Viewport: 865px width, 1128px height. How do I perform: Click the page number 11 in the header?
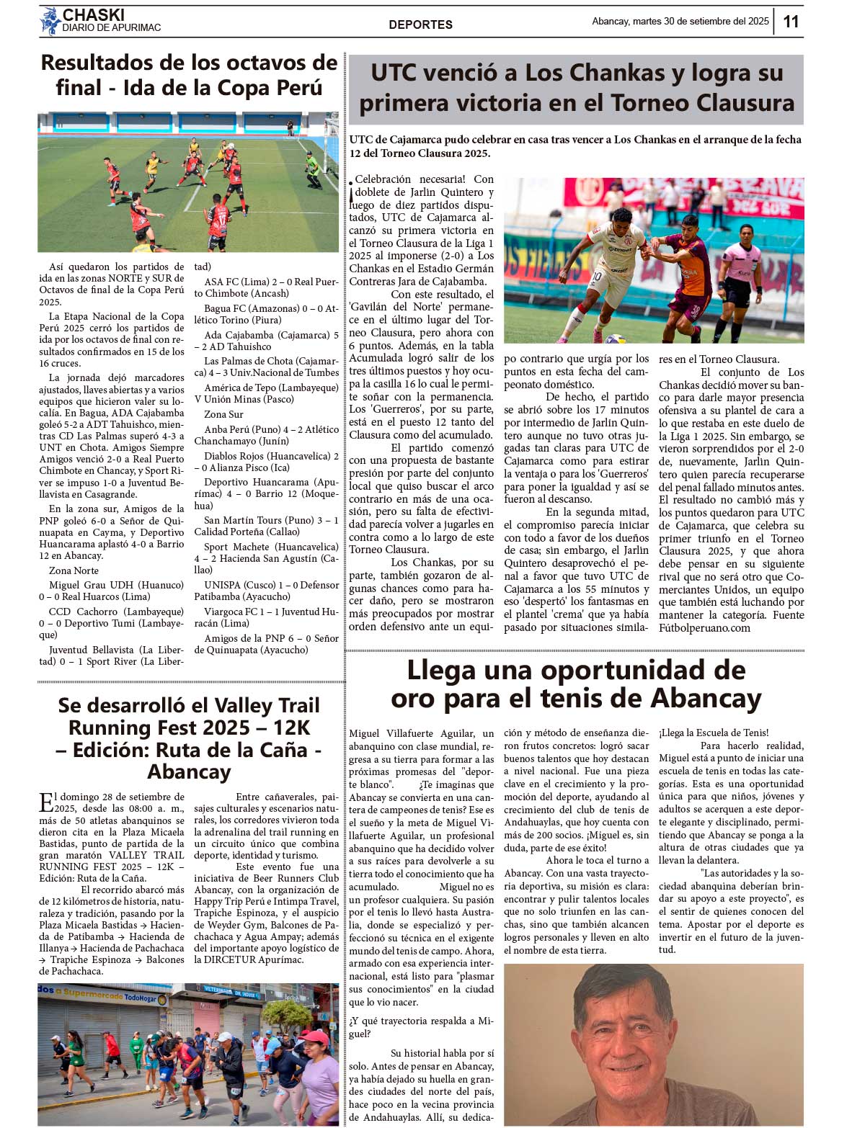click(791, 22)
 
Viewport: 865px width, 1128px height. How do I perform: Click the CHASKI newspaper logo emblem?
click(50, 21)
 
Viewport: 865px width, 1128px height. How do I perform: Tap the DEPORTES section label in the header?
click(420, 24)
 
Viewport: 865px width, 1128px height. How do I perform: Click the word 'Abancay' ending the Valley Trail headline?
click(189, 771)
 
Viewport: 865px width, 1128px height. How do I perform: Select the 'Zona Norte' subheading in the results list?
click(74, 570)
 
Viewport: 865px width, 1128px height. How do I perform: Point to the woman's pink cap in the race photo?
click(316, 1037)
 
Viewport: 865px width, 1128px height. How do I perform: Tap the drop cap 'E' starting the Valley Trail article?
click(45, 802)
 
